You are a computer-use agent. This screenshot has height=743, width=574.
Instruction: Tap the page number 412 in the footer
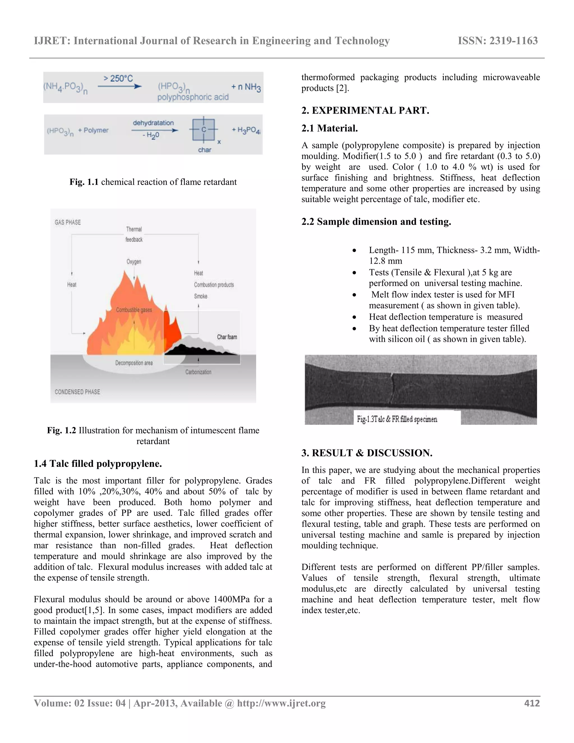point(532,703)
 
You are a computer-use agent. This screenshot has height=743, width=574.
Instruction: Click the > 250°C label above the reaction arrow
point(118,79)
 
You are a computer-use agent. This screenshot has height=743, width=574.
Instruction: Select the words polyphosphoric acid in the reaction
point(193,97)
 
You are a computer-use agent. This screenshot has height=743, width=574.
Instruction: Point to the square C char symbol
point(203,130)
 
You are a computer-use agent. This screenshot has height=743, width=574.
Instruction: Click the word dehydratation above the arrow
point(153,123)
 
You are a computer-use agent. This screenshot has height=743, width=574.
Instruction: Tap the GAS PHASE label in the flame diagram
point(68,223)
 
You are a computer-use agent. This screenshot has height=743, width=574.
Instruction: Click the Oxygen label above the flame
point(134,262)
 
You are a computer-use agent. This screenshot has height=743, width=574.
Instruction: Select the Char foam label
point(227,337)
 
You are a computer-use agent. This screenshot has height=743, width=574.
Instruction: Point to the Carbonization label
point(198,372)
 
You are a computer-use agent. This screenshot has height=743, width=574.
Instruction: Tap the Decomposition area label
point(134,363)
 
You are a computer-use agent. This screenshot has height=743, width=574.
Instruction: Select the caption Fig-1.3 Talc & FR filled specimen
point(397,419)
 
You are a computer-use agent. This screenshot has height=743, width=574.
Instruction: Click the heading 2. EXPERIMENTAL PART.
point(365,110)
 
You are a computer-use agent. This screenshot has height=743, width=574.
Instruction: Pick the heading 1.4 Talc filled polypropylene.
point(98,464)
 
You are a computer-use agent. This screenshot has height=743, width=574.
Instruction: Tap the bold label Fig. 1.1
point(84,182)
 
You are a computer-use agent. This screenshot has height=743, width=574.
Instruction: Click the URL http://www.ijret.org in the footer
point(281,703)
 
